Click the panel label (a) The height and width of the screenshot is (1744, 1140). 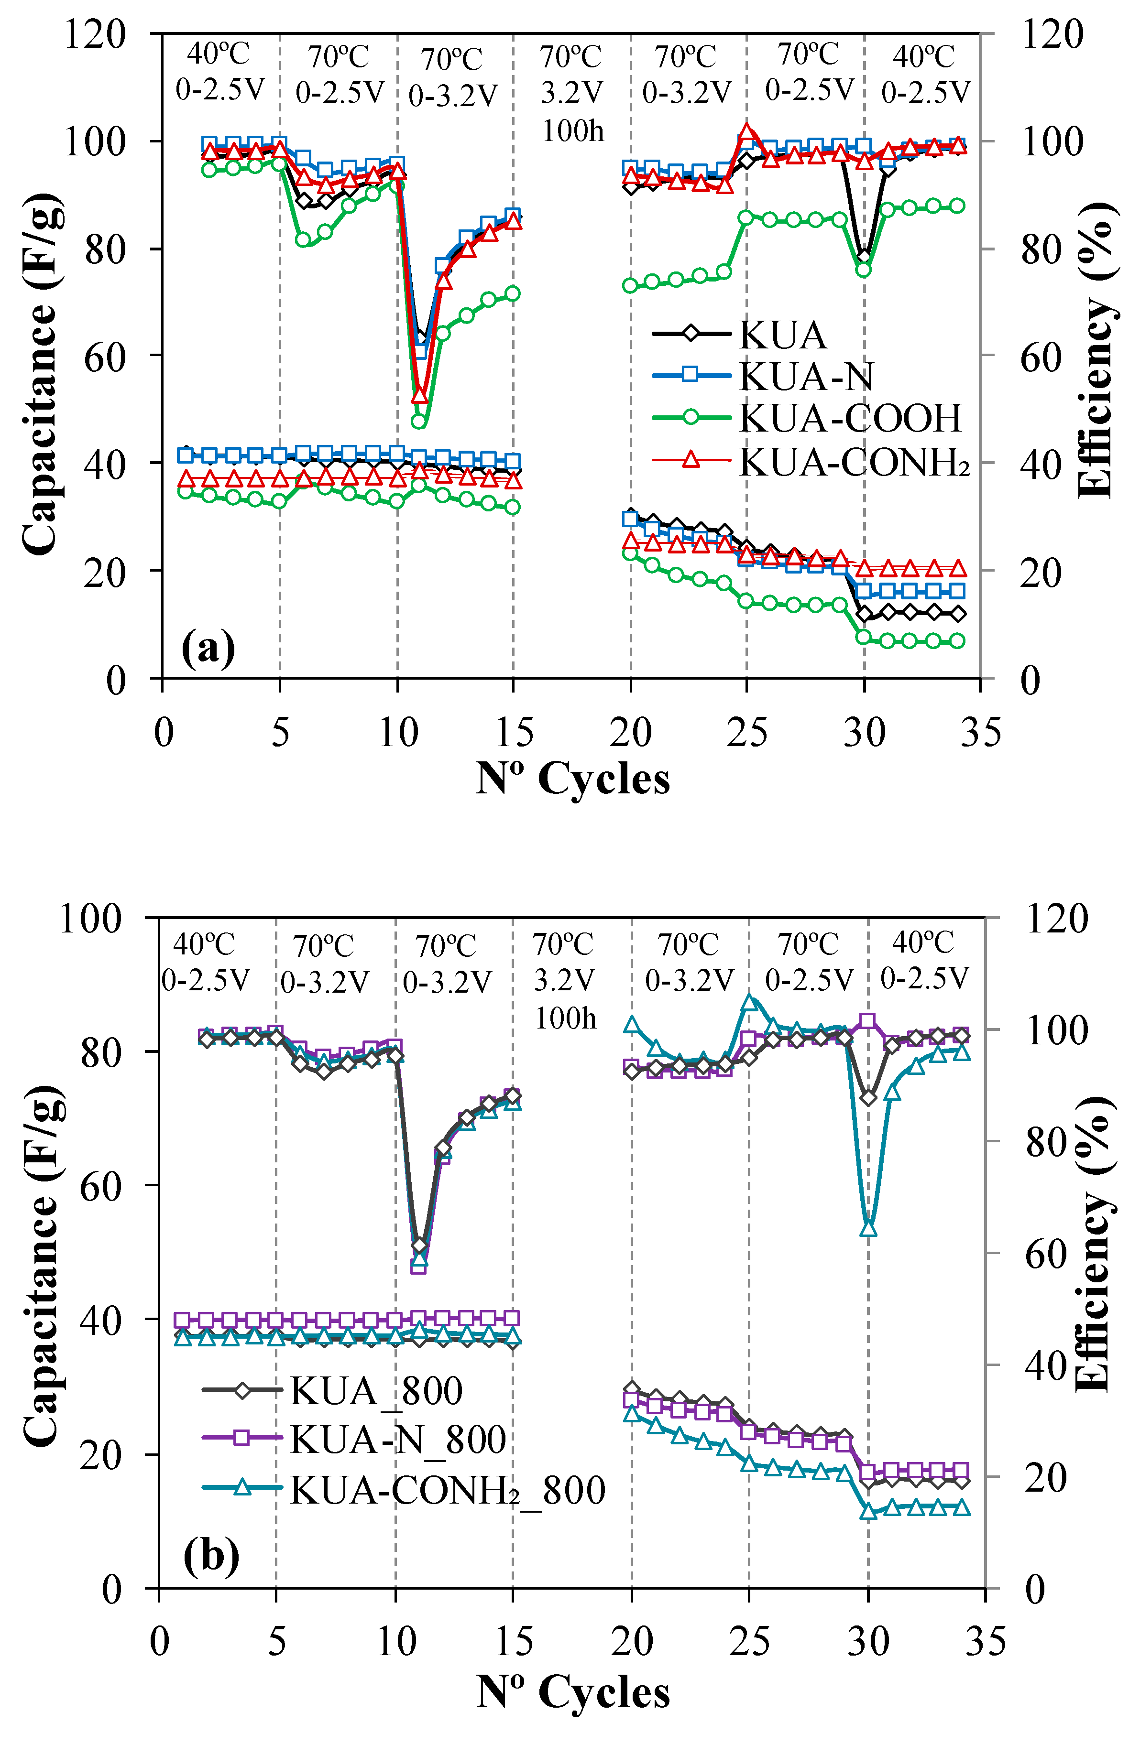pos(208,648)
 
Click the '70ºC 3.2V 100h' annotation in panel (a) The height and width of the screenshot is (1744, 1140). pos(572,94)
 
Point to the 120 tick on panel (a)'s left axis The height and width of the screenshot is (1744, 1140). pos(95,34)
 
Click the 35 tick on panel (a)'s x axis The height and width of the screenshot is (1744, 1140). pos(980,732)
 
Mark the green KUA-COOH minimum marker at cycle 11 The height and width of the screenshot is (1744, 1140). pos(419,422)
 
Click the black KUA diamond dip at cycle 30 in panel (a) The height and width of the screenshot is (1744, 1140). pos(865,257)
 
